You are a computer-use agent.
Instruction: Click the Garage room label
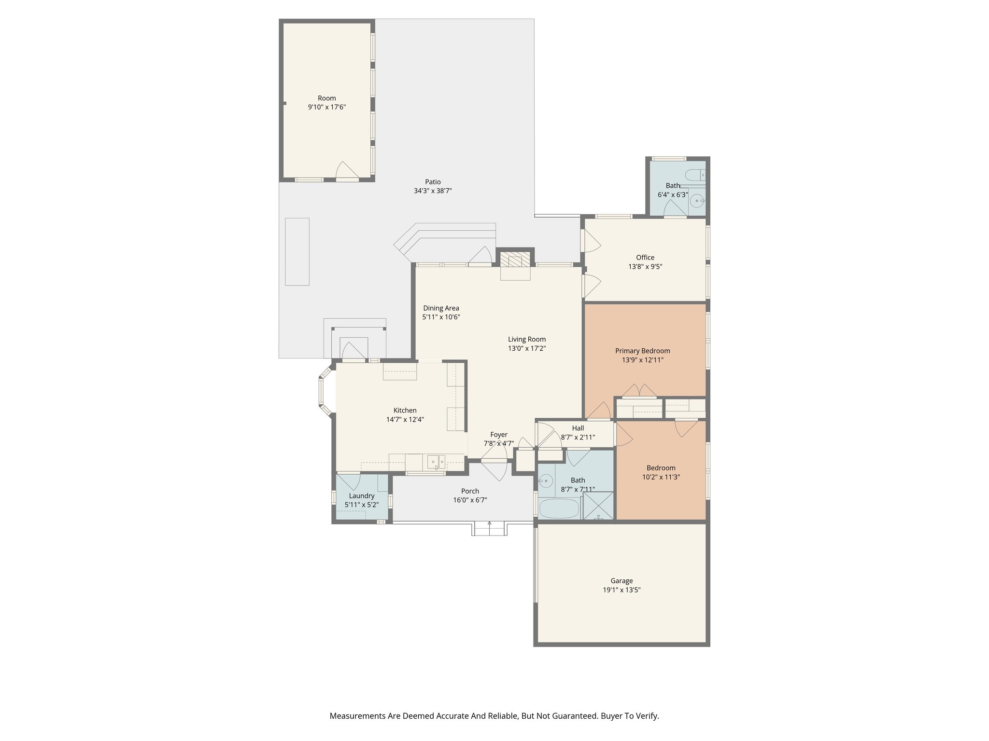[x=621, y=581]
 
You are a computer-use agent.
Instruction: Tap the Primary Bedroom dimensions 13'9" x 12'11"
[x=642, y=360]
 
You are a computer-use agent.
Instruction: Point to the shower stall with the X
[x=599, y=505]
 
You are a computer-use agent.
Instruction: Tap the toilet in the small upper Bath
[x=697, y=175]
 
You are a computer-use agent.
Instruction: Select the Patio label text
[x=433, y=182]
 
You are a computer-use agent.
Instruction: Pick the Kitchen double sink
[x=436, y=462]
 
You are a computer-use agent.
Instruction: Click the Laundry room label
[x=361, y=496]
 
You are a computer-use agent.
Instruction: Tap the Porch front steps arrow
[x=490, y=524]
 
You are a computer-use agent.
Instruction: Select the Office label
[x=645, y=257]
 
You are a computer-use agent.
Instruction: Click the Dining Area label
[x=441, y=308]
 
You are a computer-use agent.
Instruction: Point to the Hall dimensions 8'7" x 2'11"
[x=578, y=437]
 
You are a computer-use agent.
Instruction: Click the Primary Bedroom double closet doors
[x=638, y=391]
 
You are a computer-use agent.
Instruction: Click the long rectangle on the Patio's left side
[x=297, y=252]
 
